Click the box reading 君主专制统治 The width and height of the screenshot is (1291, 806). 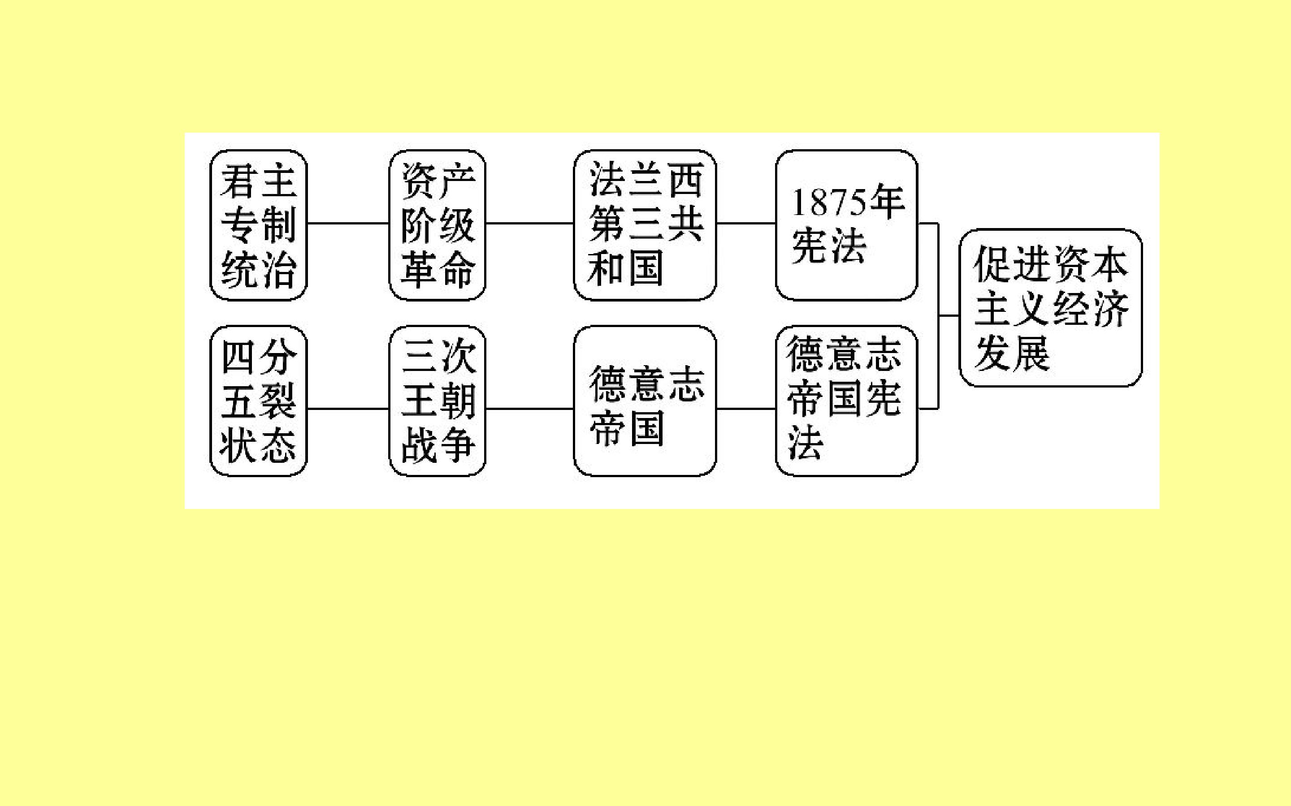[x=259, y=225]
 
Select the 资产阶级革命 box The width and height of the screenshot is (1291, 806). [x=437, y=225]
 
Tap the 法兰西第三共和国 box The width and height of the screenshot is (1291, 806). [x=645, y=225]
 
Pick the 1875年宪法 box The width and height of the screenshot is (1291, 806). [x=846, y=225]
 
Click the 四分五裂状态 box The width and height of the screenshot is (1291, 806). [x=259, y=401]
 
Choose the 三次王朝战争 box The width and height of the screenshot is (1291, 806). [x=437, y=401]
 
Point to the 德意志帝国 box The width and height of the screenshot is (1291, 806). [x=645, y=401]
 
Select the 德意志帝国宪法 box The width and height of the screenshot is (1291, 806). [x=846, y=401]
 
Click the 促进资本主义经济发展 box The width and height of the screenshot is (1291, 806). [x=1050, y=308]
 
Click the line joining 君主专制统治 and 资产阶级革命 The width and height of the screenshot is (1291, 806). [x=348, y=224]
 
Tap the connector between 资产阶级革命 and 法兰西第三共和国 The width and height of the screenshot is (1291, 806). [x=529, y=224]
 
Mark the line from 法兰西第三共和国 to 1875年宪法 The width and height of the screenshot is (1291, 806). [x=746, y=224]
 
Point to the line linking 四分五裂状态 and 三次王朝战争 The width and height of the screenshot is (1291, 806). [x=348, y=409]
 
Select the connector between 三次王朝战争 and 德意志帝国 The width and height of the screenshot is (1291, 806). [x=529, y=409]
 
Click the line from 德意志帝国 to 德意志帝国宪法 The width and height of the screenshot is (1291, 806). [x=746, y=409]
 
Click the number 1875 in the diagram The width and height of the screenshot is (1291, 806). [x=829, y=203]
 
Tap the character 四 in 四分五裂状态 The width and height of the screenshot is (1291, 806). [x=238, y=357]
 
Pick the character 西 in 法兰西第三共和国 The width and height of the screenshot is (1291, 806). [x=686, y=180]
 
